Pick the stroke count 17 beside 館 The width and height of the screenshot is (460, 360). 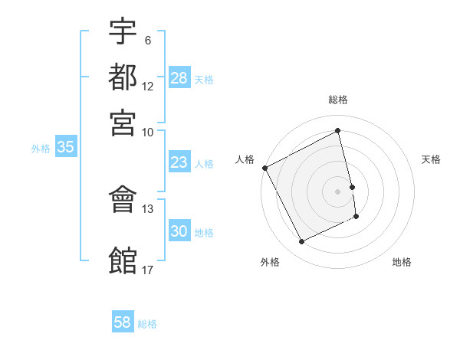(x=147, y=270)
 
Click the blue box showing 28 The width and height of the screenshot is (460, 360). (x=179, y=78)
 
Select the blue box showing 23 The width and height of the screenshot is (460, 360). (x=179, y=162)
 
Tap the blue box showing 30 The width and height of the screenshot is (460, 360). (x=179, y=231)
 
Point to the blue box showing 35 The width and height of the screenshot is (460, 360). (x=65, y=147)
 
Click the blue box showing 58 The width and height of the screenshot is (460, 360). (x=123, y=322)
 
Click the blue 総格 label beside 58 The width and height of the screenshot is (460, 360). (x=147, y=324)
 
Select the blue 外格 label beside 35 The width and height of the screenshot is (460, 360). (x=41, y=149)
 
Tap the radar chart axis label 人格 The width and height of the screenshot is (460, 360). (x=245, y=159)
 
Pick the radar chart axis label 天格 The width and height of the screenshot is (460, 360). (x=432, y=159)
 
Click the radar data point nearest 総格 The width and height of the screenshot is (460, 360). (x=338, y=131)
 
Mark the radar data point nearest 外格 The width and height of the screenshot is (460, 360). (x=301, y=242)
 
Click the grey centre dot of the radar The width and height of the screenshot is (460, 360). (x=338, y=191)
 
